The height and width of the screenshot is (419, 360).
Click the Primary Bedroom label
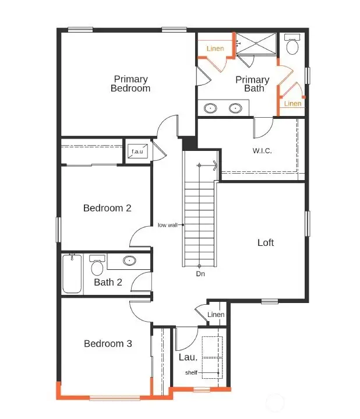pos(130,83)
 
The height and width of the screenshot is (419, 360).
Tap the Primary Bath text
pos(252,84)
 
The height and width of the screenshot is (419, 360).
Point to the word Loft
pos(266,242)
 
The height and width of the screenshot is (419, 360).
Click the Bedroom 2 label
pos(107,208)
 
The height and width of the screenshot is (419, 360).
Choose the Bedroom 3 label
pos(108,344)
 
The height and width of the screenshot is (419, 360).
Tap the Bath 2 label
pos(108,283)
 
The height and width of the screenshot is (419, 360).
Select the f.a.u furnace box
pos(137,152)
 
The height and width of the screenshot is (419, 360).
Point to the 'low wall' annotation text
pos(168,225)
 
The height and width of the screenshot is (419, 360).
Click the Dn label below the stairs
pos(200,273)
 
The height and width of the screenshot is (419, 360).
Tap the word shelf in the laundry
pos(191,372)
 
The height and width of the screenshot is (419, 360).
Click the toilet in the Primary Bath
pos(292,44)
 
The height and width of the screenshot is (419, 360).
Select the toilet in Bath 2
pos(97,266)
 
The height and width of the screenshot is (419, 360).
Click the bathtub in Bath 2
pos(72,274)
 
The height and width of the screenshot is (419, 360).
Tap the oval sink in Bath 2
pos(129,261)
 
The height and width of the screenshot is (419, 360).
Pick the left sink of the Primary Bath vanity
pos(211,108)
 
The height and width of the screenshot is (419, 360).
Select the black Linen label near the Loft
pos(216,315)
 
